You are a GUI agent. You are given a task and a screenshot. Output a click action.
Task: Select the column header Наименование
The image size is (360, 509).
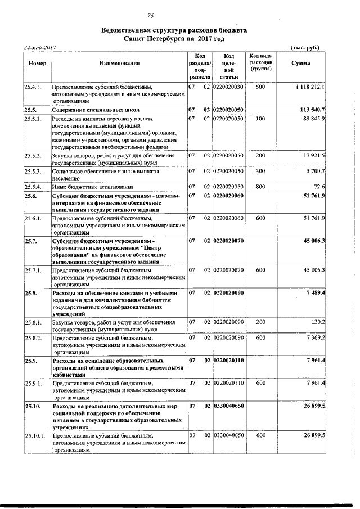[x=119, y=64]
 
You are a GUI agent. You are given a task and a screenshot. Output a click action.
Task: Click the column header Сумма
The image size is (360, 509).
[x=301, y=64]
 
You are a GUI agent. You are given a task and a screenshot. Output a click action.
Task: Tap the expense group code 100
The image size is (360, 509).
[x=260, y=119]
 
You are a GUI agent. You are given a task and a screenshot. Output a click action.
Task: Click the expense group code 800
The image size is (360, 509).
[x=260, y=186]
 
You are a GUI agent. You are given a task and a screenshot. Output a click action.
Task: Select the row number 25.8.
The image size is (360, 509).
[x=30, y=293]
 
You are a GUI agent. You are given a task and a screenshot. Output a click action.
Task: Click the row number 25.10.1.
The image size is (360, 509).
[x=35, y=435]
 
